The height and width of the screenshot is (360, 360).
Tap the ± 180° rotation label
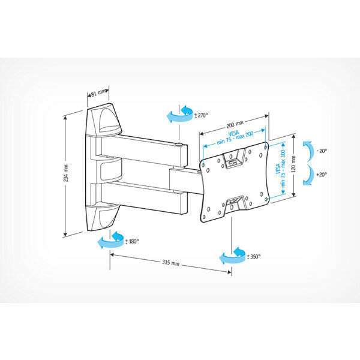[132, 241]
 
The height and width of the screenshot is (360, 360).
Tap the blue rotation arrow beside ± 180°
[110, 242]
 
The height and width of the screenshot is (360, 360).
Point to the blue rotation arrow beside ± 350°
[233, 256]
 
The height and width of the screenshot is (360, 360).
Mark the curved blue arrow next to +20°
[308, 175]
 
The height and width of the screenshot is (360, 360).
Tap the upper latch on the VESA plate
[235, 160]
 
